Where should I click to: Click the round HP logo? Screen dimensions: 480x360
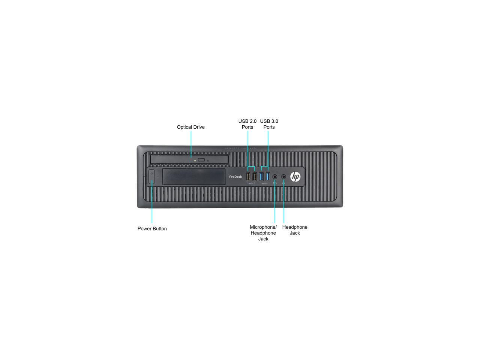[295, 177]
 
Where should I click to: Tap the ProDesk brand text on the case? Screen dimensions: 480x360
[235, 177]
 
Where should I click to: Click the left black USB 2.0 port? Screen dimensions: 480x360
[248, 176]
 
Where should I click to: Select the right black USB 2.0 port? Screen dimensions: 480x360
[255, 176]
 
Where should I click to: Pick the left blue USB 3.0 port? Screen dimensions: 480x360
[261, 176]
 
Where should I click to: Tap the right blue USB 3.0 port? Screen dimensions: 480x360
[268, 176]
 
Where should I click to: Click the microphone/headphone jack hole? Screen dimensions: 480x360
[275, 176]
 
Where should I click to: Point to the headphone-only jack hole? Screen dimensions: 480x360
[283, 176]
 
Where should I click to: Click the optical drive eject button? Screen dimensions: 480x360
[201, 160]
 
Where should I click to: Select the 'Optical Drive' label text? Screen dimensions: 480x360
[190, 127]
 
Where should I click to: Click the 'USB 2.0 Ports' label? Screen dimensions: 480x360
[247, 124]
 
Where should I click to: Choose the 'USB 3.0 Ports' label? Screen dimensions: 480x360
[269, 124]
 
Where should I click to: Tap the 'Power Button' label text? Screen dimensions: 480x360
[152, 229]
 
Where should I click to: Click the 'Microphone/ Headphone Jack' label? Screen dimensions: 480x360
[263, 233]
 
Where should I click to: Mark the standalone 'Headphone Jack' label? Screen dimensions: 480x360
[295, 230]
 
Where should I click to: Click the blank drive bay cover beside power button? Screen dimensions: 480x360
[194, 177]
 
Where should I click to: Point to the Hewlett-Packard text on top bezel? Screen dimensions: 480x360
[240, 148]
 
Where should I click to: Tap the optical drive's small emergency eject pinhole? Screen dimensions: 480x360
[208, 161]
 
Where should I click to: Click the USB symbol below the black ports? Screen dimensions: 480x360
[251, 183]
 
